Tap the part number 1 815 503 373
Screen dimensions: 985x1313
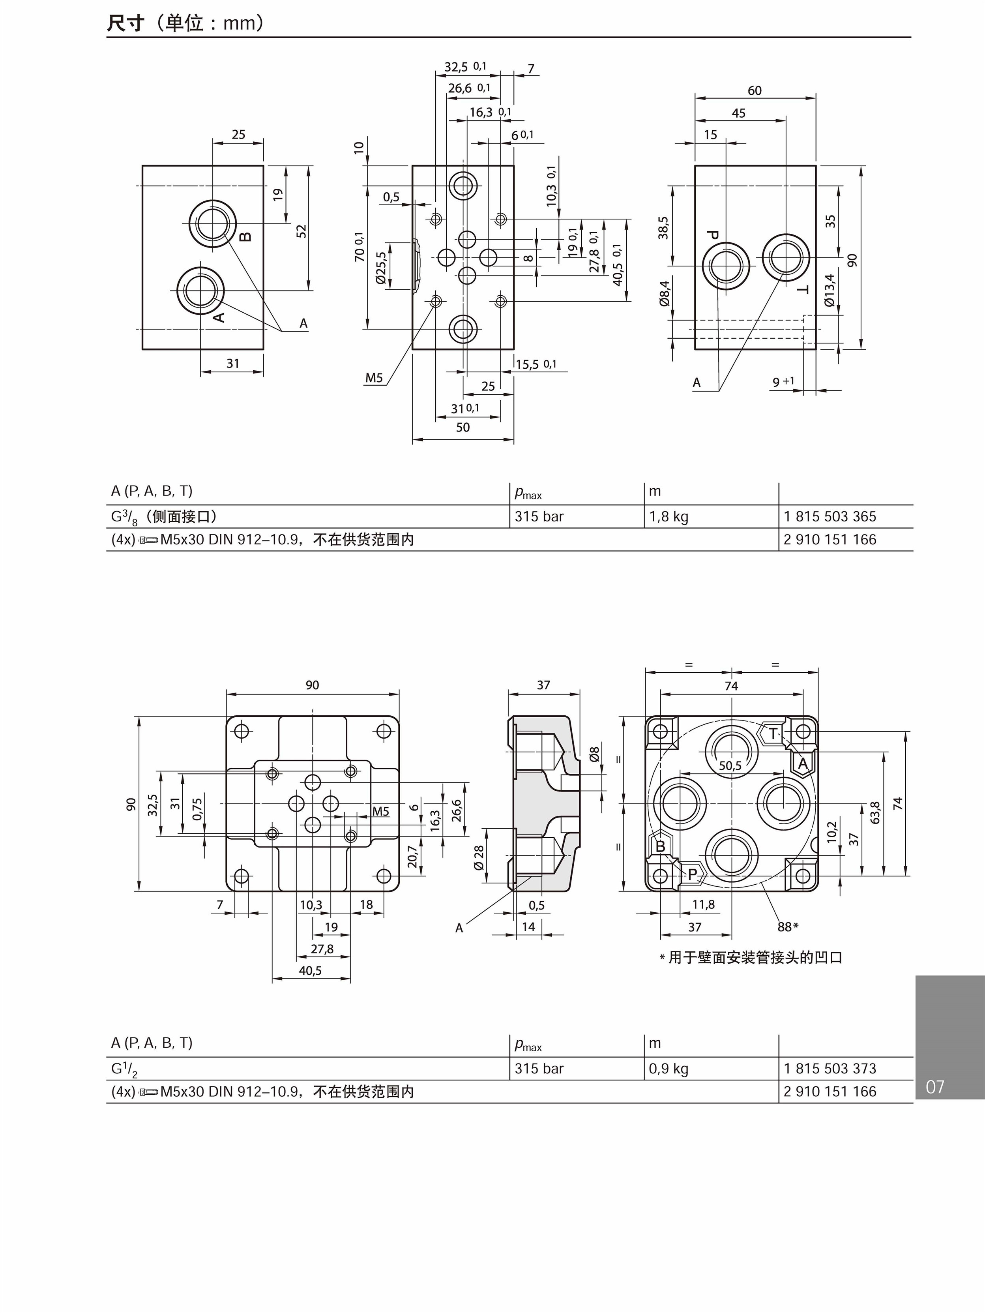click(x=830, y=1069)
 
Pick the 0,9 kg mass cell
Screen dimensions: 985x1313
click(x=669, y=1069)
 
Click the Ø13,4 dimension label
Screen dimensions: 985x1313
click(x=830, y=290)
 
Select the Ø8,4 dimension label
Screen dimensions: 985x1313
click(x=665, y=294)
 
